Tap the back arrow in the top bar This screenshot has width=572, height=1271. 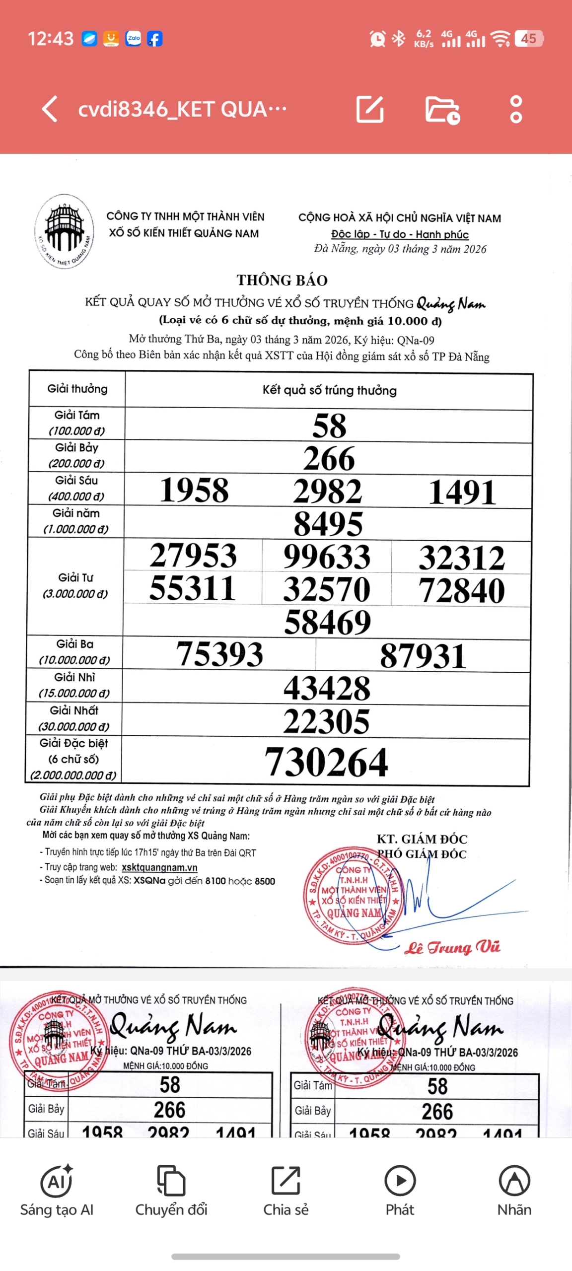click(x=50, y=109)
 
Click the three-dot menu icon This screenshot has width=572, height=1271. click(x=516, y=109)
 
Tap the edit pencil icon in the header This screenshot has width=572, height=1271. click(x=370, y=109)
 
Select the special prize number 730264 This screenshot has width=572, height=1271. click(x=326, y=762)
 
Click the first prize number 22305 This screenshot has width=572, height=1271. click(x=326, y=721)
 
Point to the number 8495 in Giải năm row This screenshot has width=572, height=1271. click(x=328, y=524)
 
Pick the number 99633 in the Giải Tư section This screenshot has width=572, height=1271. click(x=327, y=557)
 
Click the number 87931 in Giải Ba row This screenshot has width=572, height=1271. click(x=423, y=655)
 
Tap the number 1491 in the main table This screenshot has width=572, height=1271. click(x=462, y=492)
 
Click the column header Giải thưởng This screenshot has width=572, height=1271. click(x=77, y=389)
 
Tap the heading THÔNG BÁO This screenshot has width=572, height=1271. click(x=282, y=280)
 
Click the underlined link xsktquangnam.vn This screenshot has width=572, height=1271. click(x=159, y=867)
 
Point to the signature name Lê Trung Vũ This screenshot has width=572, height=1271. click(x=452, y=947)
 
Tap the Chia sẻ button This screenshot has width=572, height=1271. click(x=286, y=1191)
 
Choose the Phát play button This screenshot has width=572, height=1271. click(x=400, y=1191)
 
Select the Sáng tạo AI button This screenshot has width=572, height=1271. click(x=57, y=1191)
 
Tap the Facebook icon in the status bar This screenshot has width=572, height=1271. click(x=154, y=39)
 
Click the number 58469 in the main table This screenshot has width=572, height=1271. click(x=327, y=622)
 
